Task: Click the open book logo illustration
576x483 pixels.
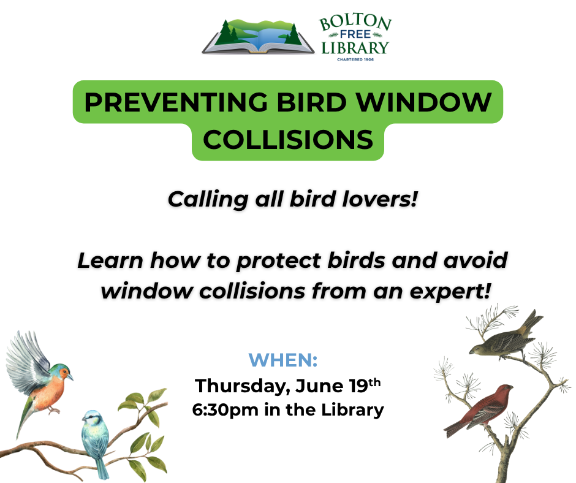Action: point(258,36)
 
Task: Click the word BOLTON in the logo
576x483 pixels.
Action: point(355,22)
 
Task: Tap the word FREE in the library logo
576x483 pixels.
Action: point(355,34)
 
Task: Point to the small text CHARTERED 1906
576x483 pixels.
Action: point(355,59)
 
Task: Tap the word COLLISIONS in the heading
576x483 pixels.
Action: point(288,140)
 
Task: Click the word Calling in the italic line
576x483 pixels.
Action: point(208,200)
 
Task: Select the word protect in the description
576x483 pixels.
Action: point(278,261)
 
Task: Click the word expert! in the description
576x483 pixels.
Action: point(450,292)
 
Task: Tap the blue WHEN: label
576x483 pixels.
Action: point(283,360)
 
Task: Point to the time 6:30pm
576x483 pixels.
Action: point(225,410)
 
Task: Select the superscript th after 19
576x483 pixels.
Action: point(374,382)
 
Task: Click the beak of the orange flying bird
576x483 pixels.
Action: point(70,377)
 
